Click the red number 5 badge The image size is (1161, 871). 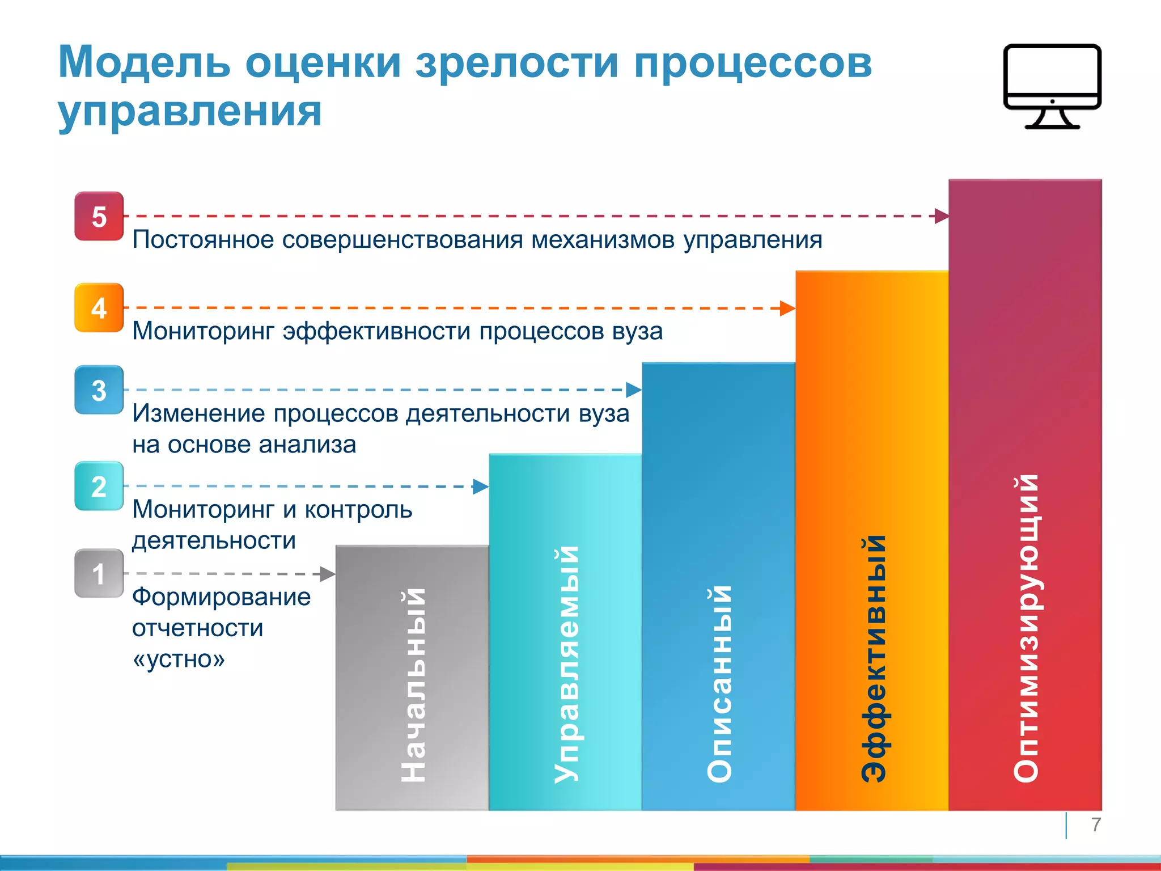pyautogui.click(x=99, y=217)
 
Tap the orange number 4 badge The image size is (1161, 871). pyautogui.click(x=99, y=308)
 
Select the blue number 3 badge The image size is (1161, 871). pyautogui.click(x=99, y=390)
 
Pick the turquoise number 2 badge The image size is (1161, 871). pyautogui.click(x=99, y=487)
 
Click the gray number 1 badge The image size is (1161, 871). pyautogui.click(x=99, y=574)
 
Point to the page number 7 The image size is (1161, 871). pyautogui.click(x=1096, y=825)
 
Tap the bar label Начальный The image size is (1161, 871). pyautogui.click(x=413, y=685)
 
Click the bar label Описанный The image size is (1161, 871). pyautogui.click(x=719, y=683)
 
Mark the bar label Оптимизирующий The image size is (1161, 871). pyautogui.click(x=1026, y=628)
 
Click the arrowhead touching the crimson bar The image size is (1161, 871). pyautogui.click(x=942, y=216)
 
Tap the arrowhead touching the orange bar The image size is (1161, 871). pyautogui.click(x=787, y=308)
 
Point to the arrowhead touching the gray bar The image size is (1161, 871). pyautogui.click(x=328, y=574)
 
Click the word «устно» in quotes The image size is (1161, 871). pyautogui.click(x=179, y=659)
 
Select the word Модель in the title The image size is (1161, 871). pyautogui.click(x=144, y=62)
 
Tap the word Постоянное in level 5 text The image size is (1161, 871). pyautogui.click(x=203, y=240)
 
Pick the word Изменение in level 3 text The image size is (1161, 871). pyautogui.click(x=198, y=414)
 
